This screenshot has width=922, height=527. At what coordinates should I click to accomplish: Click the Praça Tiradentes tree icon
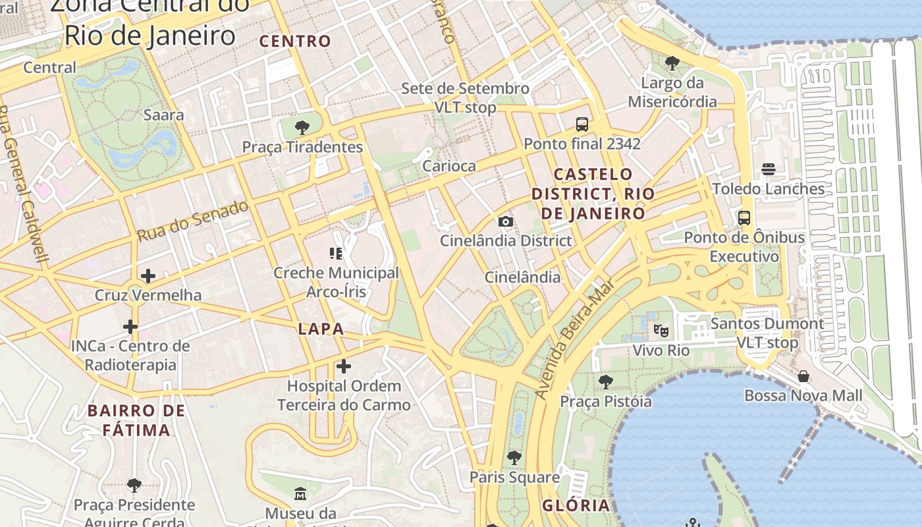302,127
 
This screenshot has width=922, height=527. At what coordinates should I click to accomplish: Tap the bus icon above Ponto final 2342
582,124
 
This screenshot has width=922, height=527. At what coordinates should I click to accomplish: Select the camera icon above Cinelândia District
506,221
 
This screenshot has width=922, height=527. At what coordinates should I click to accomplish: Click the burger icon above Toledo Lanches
769,169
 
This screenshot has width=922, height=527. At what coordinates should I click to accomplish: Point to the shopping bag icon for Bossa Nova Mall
803,376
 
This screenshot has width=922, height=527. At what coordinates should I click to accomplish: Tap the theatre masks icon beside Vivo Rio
661,331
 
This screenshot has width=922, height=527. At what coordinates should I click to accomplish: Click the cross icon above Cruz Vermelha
148,275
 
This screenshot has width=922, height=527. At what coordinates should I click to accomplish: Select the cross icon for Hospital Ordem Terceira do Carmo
344,366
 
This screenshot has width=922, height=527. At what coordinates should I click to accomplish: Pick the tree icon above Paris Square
514,457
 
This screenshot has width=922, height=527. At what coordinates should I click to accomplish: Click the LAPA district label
321,329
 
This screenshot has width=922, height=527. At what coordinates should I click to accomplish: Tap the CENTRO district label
295,41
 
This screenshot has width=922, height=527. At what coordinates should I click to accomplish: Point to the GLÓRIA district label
576,505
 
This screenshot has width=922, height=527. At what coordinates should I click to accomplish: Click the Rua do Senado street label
193,220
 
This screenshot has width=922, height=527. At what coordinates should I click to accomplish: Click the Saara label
164,115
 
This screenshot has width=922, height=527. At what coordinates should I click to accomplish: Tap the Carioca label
448,165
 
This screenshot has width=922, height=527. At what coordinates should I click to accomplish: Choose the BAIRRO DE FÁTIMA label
136,420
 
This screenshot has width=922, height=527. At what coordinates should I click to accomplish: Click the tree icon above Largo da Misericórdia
672,63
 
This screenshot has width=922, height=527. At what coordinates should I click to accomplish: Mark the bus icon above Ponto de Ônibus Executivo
744,218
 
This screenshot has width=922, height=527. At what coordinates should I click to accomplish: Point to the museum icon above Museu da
300,493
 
